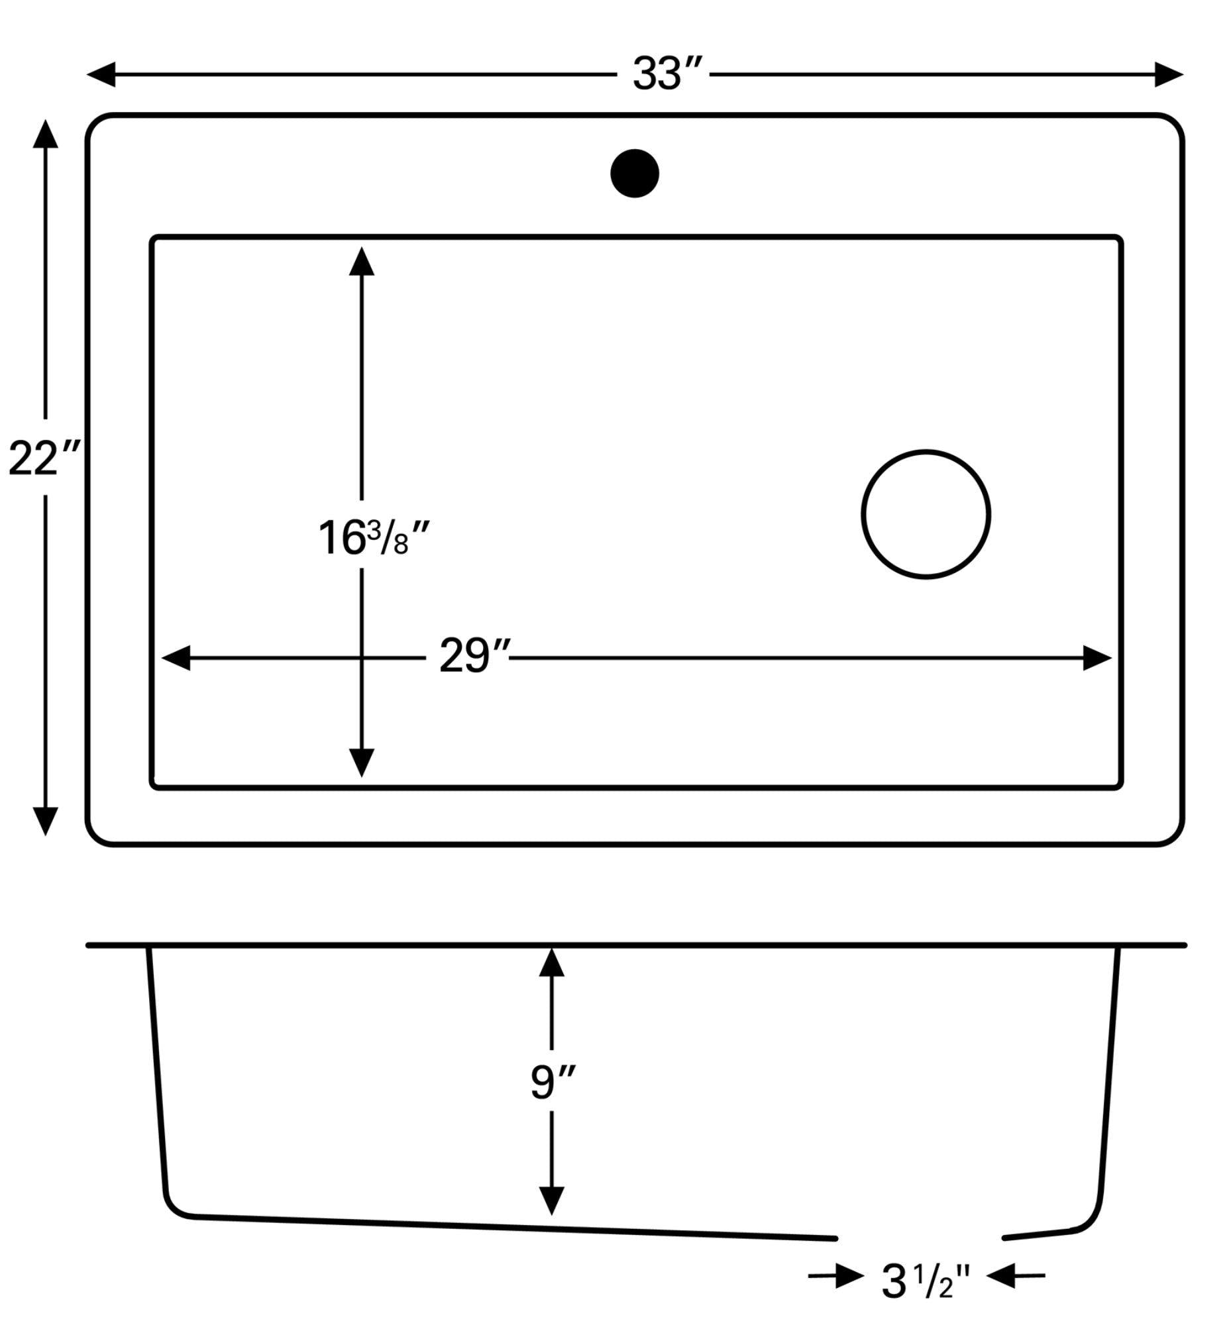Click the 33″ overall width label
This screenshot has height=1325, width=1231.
point(666,74)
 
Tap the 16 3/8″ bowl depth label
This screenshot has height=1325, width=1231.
point(373,537)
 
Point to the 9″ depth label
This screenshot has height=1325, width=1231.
point(552,1082)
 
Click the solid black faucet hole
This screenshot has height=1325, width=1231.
point(634,173)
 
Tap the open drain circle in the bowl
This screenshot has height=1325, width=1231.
point(926,514)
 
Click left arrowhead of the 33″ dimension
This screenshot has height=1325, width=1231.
point(102,74)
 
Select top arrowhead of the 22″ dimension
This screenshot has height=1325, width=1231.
point(45,134)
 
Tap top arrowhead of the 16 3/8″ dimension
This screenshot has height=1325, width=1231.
point(362,262)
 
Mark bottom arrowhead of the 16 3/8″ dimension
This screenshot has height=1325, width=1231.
point(362,761)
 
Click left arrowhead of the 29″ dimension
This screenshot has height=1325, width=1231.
point(176,658)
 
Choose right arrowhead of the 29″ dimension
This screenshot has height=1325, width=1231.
point(1097,658)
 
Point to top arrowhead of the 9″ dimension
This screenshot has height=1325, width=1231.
point(551,963)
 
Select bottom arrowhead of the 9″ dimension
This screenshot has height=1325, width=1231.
point(551,1200)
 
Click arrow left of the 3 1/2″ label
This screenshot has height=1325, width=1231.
point(849,1276)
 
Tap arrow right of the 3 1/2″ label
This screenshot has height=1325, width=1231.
point(1001,1276)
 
